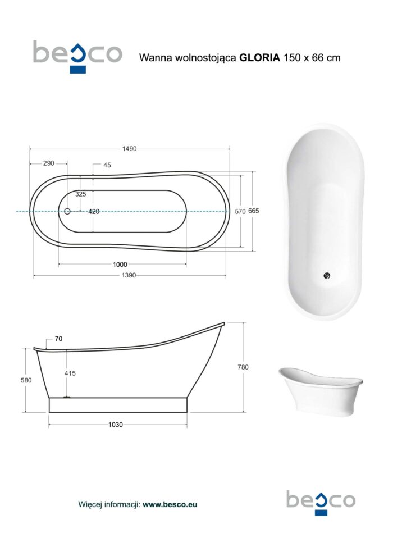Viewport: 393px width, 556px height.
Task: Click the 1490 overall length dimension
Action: click(129, 149)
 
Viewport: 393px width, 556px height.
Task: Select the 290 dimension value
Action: click(48, 163)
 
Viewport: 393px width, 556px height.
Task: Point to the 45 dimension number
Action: click(107, 165)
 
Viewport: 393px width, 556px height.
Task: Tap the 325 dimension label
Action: click(80, 194)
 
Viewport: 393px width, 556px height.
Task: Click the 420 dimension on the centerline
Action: click(94, 211)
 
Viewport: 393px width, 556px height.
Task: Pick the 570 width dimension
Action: click(240, 211)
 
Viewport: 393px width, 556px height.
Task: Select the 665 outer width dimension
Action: click(253, 211)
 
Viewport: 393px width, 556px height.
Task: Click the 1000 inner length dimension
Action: click(120, 264)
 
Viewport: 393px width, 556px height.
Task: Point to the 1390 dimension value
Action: click(129, 275)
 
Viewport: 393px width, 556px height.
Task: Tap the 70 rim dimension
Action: click(58, 339)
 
